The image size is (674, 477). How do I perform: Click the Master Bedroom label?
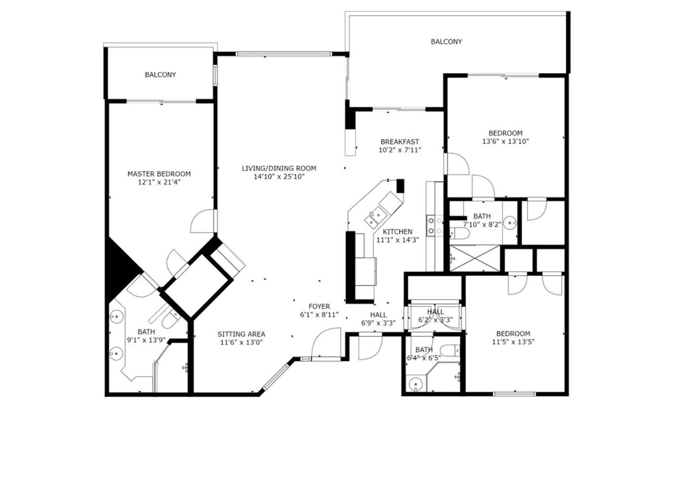(x=159, y=174)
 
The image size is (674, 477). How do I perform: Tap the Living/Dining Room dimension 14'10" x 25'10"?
(x=279, y=177)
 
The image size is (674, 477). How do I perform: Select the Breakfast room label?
(x=399, y=142)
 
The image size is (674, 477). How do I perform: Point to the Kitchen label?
(x=397, y=232)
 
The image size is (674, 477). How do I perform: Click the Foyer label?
(x=319, y=307)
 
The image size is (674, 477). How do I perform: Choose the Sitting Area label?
(x=241, y=334)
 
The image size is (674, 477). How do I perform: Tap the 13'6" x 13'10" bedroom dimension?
(x=505, y=141)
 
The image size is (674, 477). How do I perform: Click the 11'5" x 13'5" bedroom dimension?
(x=513, y=342)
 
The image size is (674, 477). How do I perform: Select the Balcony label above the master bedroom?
(x=160, y=75)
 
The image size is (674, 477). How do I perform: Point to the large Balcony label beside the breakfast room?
(x=446, y=42)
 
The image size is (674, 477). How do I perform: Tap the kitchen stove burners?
(x=435, y=226)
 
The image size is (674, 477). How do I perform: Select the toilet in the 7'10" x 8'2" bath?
(x=459, y=233)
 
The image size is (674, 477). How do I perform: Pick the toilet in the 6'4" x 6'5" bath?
(x=450, y=351)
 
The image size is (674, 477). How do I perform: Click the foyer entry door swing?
(x=326, y=343)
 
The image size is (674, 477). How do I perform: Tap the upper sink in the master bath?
(x=116, y=317)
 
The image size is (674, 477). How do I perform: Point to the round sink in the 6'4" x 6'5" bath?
(x=416, y=385)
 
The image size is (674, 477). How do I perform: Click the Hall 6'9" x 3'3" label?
(x=378, y=319)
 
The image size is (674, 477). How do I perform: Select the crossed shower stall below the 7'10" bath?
(x=474, y=258)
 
